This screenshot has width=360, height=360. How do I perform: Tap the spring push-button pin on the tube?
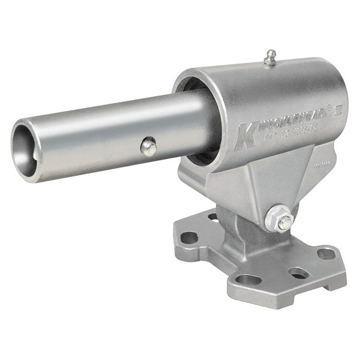click(x=148, y=146)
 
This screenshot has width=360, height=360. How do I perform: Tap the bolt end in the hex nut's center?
click(x=283, y=222)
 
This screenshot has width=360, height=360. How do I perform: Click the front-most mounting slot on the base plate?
click(x=248, y=280)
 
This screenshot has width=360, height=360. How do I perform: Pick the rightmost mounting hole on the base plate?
click(x=326, y=254)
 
